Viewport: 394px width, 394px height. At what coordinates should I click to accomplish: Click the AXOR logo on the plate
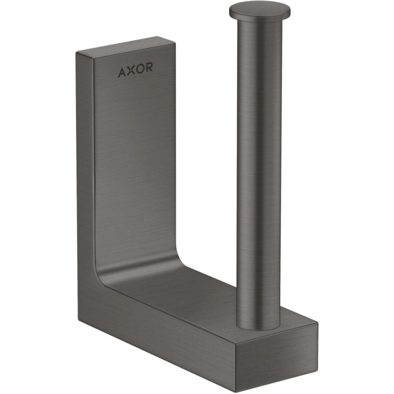coord(136,70)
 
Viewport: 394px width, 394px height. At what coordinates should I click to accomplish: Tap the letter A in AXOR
coord(122,73)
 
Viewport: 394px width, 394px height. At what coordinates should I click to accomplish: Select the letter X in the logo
coord(131,70)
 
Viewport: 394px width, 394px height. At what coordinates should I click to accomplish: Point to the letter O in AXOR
coord(140,69)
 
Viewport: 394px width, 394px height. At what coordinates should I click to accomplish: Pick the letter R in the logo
coord(149,67)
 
